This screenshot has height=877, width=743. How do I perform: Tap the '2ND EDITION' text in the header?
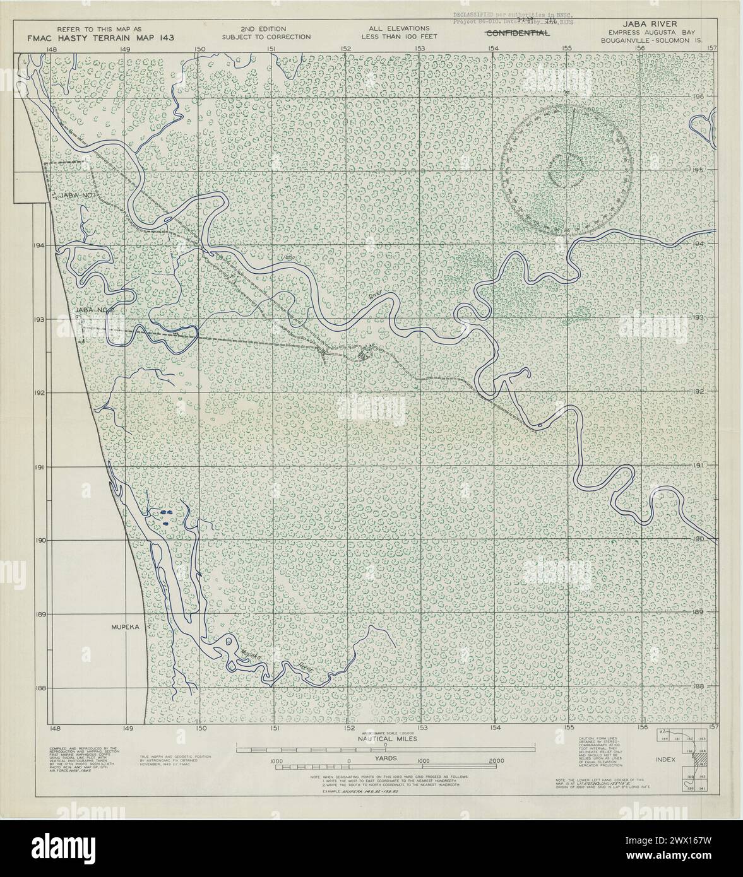point(263,29)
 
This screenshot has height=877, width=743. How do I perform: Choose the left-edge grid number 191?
point(41,468)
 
